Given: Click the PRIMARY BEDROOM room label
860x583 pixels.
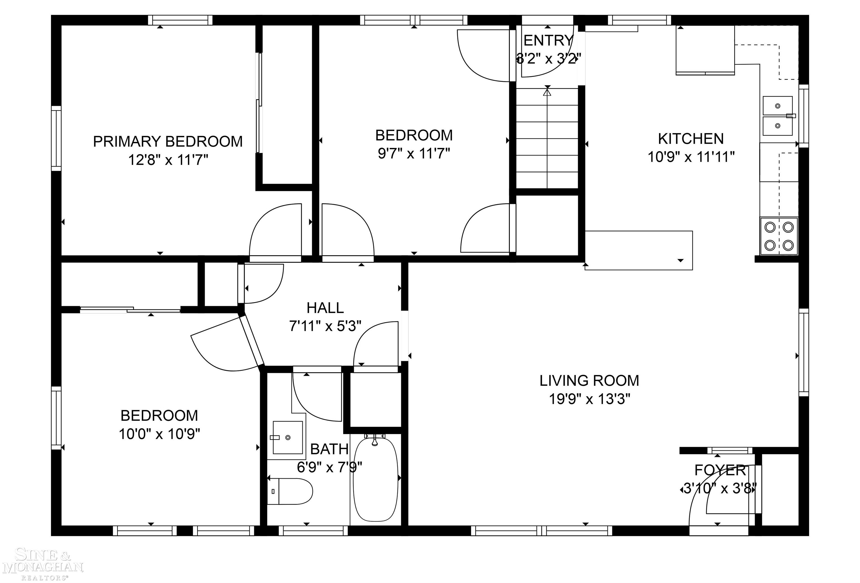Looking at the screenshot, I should coord(168,141).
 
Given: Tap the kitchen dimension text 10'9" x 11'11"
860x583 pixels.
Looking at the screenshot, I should coord(691,157).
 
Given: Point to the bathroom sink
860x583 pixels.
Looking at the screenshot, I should coord(288,438).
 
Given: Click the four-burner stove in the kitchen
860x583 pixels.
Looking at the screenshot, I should coord(779,236).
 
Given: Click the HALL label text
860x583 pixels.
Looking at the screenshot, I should coord(325,308).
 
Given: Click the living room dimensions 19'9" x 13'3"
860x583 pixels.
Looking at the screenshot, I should coord(589,399).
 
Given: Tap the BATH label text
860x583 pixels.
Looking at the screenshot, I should coord(329,449).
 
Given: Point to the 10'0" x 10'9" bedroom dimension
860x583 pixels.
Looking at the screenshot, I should coord(159,434).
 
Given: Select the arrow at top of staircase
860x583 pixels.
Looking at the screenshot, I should coord(547,92).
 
